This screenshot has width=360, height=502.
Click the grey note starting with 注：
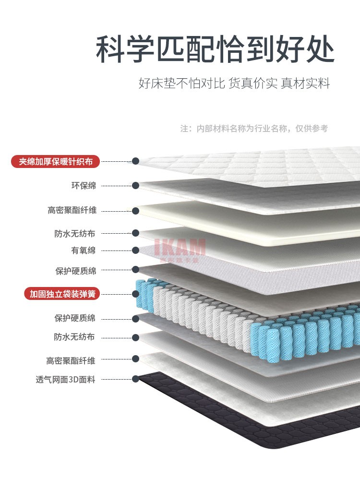tap(254, 129)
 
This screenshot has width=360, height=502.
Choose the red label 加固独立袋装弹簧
tap(62, 294)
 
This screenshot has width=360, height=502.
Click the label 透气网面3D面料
tap(66, 379)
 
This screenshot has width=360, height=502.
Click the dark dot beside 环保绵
tap(136, 185)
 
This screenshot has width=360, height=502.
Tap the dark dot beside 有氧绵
tap(136, 251)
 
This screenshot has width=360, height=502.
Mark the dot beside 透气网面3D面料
tap(136, 379)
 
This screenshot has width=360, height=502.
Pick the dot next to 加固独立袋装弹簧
tap(136, 294)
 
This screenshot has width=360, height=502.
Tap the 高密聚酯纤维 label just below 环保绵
tap(72, 210)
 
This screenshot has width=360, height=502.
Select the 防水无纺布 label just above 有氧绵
tap(74, 234)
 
